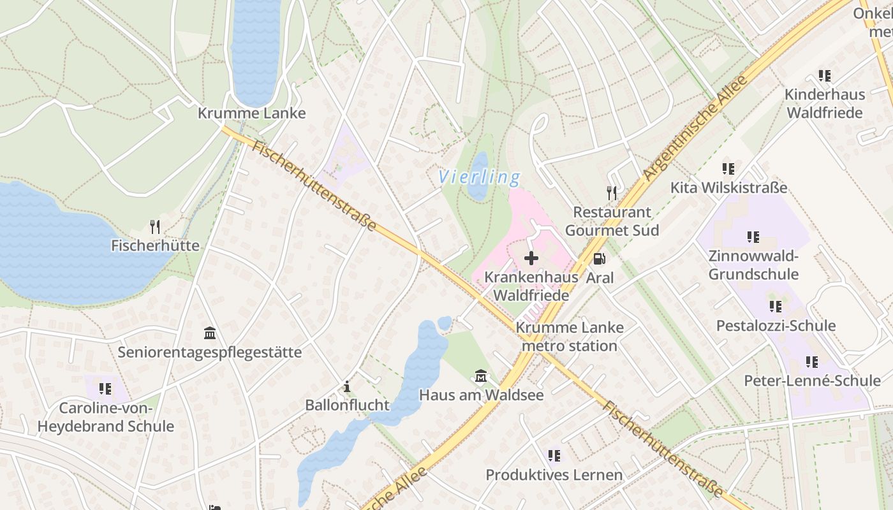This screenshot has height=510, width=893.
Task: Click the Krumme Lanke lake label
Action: [x=251, y=113]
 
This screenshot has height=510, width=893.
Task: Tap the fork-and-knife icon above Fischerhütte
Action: [x=154, y=226]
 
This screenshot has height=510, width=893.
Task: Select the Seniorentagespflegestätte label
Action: [x=209, y=353]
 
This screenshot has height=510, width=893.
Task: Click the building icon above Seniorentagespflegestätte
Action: [x=209, y=333]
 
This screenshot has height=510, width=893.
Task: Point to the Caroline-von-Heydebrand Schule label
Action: [x=106, y=417]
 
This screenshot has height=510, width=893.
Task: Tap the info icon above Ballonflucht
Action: [x=347, y=386]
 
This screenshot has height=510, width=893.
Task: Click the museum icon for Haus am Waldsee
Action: [x=481, y=376]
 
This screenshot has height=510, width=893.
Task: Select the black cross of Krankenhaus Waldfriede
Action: [x=531, y=258]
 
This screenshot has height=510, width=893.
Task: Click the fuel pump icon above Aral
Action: [x=600, y=258]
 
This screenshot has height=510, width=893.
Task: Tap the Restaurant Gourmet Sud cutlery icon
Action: [x=612, y=193]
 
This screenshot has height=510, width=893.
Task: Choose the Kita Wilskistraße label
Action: [x=728, y=188]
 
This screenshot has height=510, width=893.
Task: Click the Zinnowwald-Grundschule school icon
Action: [x=753, y=237]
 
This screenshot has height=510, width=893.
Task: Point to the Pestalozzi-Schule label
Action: [x=776, y=326]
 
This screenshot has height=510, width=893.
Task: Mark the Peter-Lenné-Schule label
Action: [x=812, y=381]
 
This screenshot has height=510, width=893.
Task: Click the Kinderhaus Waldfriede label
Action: [x=824, y=103]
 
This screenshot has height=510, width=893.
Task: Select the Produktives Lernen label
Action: [x=554, y=475]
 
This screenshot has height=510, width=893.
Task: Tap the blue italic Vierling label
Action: [x=479, y=177]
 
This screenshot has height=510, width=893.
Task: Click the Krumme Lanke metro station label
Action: [x=569, y=337]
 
